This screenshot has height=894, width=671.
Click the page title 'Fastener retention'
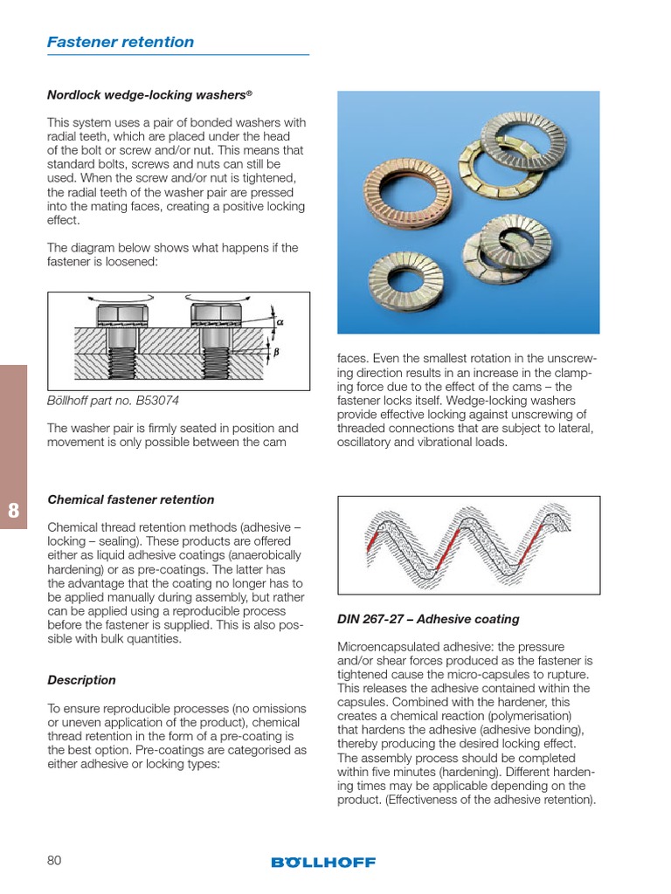tap(121, 42)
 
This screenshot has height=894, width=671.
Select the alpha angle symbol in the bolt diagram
tap(280, 321)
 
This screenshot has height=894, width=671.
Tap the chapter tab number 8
tap(13, 512)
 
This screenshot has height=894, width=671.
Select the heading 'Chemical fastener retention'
tap(130, 499)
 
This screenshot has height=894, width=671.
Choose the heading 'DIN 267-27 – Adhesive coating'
tap(428, 619)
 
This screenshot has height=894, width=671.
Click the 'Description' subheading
tap(81, 680)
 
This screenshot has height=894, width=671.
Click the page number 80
tap(54, 861)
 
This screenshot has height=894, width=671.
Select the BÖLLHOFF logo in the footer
tap(323, 862)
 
